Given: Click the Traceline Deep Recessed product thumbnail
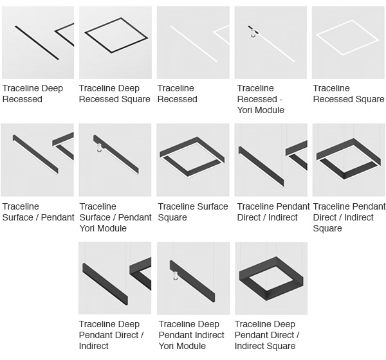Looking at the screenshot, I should (37, 42).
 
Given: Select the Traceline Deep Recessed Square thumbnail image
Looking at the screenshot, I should (115, 42).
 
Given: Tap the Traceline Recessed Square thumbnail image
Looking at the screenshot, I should (349, 42).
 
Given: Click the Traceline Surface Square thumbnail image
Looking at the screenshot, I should (193, 159).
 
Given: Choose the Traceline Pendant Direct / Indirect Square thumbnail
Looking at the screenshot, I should (349, 159).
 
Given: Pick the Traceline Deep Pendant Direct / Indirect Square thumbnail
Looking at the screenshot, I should (271, 278).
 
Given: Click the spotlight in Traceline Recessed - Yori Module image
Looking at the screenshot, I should (253, 33).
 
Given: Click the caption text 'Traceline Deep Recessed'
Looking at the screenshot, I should (33, 94).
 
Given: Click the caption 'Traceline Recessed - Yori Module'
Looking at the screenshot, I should (261, 99).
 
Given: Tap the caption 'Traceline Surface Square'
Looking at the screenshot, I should (193, 212).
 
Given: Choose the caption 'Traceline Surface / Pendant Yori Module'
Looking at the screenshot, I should (115, 217).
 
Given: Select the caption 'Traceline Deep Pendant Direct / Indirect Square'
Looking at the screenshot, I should (266, 335).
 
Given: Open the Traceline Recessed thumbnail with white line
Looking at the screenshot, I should (193, 42).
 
